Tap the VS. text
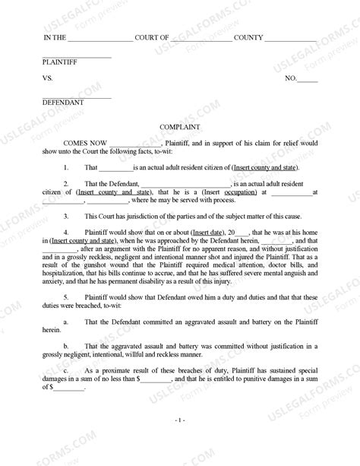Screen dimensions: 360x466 click(48, 78)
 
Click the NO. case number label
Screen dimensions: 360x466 click(290, 78)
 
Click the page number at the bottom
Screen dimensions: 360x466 click(179, 419)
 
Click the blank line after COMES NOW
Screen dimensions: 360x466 click(136, 144)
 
